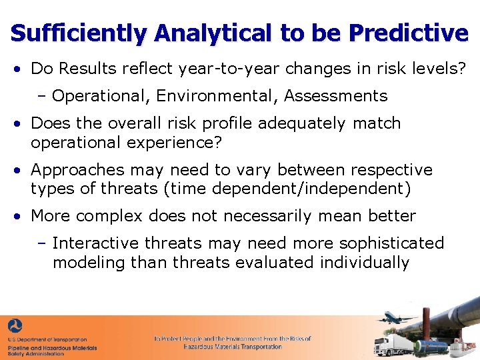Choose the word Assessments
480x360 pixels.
(x=336, y=96)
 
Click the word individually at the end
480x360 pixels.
(x=365, y=262)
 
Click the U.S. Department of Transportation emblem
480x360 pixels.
(x=15, y=327)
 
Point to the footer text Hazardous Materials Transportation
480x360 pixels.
(x=233, y=347)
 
